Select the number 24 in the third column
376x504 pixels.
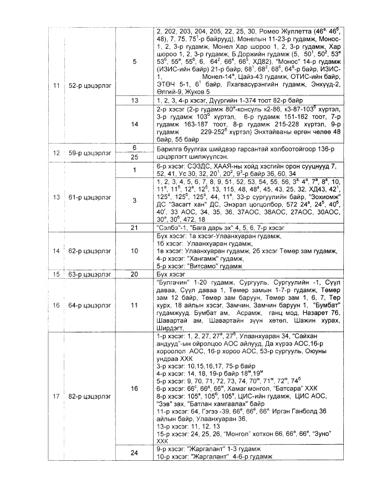(135, 453)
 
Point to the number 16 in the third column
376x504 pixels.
(135, 389)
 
